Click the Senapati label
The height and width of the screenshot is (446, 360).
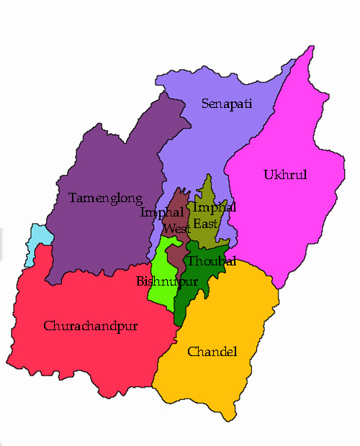tap(227, 104)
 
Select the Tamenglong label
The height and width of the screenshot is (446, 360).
tap(105, 197)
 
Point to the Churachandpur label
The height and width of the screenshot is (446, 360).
tap(91, 326)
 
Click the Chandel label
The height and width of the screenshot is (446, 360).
tap(212, 351)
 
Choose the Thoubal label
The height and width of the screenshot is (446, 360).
tap(212, 262)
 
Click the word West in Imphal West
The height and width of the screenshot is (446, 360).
tap(176, 229)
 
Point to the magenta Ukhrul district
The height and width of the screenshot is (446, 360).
tap(288, 216)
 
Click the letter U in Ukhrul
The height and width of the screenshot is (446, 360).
tap(267, 175)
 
